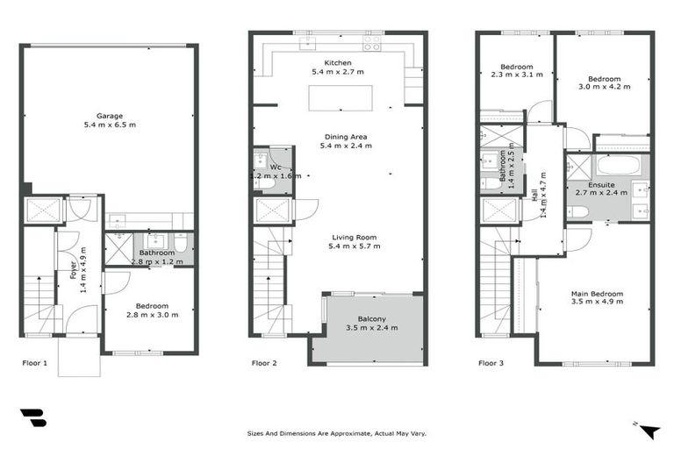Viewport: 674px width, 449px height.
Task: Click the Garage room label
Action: coord(110,116)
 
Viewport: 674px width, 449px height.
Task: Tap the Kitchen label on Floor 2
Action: coord(338,63)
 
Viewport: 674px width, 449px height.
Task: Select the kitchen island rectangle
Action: coord(340,97)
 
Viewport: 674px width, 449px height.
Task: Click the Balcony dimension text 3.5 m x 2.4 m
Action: coord(370,328)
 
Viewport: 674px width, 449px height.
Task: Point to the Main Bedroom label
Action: coord(597,294)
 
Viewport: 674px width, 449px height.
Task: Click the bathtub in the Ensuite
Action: coord(621,166)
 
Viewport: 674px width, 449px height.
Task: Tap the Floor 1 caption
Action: coord(34,362)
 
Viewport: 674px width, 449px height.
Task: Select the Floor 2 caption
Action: coord(265,362)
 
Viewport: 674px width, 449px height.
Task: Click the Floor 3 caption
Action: coord(491,362)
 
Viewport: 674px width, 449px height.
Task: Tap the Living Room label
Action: coord(354,237)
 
